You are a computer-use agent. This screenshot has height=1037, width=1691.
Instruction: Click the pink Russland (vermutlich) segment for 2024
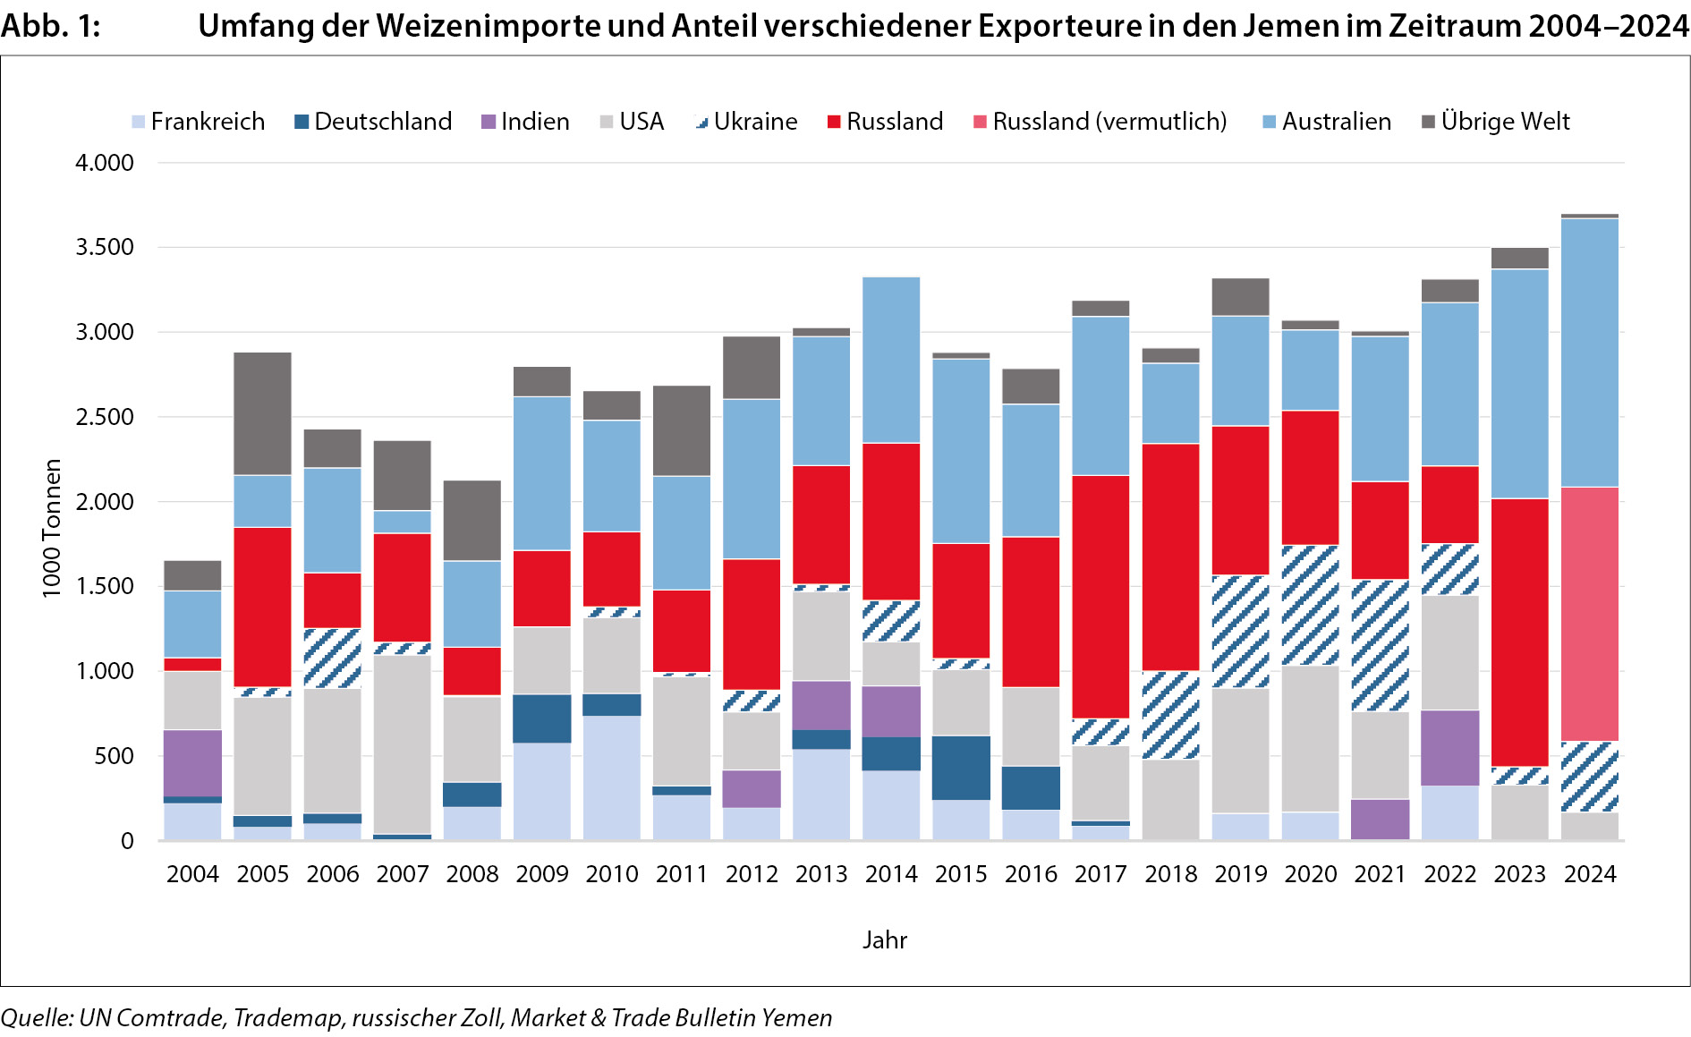[x=1590, y=614]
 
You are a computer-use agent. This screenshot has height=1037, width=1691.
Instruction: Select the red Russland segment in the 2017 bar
[x=1100, y=596]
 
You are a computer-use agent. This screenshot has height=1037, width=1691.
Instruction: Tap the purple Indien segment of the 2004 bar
[x=192, y=762]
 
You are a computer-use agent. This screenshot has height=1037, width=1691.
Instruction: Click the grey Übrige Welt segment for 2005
[x=262, y=413]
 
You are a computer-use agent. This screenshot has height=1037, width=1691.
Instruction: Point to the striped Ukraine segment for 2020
[x=1311, y=605]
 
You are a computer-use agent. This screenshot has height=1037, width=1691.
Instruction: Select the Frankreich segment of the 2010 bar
[x=612, y=777]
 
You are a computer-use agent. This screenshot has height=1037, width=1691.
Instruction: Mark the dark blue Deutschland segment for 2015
[x=961, y=768]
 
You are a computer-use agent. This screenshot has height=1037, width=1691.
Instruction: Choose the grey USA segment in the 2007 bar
[x=402, y=744]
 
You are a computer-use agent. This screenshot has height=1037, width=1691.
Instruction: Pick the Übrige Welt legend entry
[x=1496, y=122]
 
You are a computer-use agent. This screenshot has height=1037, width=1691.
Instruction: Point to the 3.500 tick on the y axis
[x=105, y=247]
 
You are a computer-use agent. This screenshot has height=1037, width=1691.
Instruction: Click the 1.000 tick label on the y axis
[x=105, y=671]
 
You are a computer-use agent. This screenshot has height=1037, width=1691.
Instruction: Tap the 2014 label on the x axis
[x=891, y=874]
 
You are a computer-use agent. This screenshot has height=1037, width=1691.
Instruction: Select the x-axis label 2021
[x=1381, y=874]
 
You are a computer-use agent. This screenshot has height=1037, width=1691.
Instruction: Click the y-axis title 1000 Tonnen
[x=52, y=528]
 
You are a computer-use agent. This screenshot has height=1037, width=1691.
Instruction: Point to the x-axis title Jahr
[x=885, y=940]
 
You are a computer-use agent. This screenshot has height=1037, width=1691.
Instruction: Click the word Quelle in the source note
[x=36, y=1018]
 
